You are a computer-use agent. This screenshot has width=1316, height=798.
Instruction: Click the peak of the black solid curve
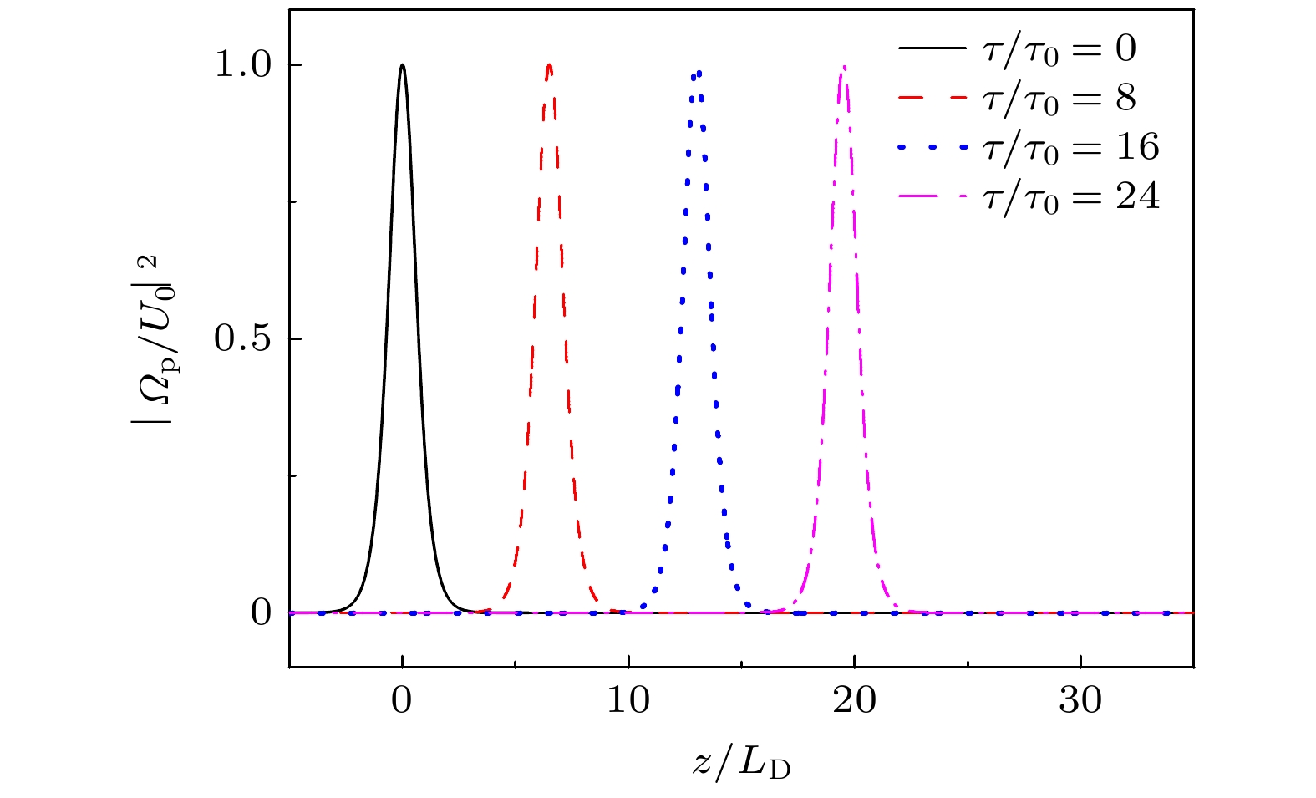tap(403, 65)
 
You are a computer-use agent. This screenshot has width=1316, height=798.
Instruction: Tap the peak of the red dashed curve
tap(549, 65)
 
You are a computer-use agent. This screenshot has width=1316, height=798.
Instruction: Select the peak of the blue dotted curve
tap(697, 72)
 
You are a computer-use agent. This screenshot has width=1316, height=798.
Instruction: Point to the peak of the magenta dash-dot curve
tap(844, 67)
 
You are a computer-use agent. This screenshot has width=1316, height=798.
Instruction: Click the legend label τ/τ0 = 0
tap(1059, 49)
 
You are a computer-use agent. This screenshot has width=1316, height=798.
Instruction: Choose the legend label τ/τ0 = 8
tap(1059, 99)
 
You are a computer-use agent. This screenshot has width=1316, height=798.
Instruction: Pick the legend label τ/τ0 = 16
tap(1070, 148)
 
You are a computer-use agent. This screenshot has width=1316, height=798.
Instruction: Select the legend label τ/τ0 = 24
tap(1070, 197)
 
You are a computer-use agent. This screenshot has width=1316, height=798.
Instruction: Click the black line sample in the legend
tap(931, 49)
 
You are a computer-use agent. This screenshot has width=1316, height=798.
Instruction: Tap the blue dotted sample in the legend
tap(931, 148)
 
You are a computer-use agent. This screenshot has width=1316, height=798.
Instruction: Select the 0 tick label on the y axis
tap(262, 613)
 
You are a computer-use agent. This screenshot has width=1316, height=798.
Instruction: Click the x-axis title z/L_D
tap(741, 764)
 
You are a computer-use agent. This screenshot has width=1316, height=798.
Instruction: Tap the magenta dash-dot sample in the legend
tap(931, 197)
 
